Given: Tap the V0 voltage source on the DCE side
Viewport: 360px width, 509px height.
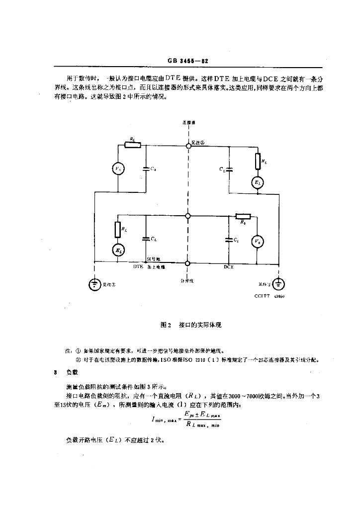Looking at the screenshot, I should (x=256, y=242).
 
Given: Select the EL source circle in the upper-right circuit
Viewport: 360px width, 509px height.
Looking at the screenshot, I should (x=258, y=183).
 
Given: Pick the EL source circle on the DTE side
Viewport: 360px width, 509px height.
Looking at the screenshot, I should (x=117, y=250).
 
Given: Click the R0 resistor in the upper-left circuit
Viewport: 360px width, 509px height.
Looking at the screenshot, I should (x=133, y=145).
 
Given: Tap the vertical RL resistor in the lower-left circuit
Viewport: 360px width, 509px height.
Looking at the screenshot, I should (x=117, y=229).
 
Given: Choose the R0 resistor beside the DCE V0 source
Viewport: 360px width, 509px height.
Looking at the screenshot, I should (x=243, y=216).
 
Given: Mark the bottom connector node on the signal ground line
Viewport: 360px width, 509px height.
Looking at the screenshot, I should (x=188, y=263).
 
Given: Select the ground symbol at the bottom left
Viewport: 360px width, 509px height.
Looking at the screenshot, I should (x=94, y=285).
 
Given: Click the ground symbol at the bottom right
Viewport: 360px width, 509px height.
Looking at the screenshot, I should (x=278, y=284).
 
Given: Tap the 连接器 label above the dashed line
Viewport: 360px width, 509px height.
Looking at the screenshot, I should (x=188, y=122).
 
